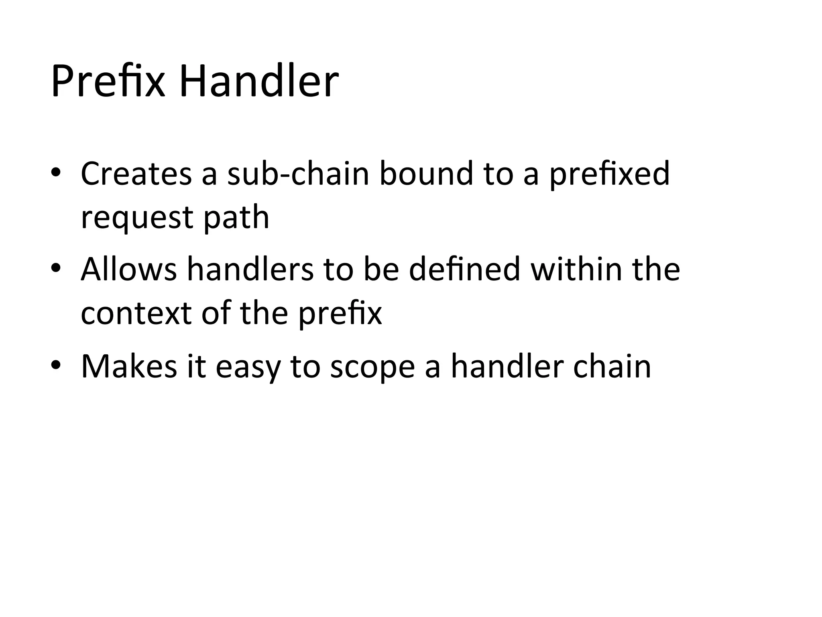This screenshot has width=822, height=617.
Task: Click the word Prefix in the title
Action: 108,82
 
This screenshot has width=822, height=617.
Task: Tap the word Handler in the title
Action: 259,82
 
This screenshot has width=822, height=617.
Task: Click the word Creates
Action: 136,174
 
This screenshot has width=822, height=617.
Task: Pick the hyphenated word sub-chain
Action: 298,174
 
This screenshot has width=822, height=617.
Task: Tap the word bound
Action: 426,174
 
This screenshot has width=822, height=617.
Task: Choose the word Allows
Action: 128,269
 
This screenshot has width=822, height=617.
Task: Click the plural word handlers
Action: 250,269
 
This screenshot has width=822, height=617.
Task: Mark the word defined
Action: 464,269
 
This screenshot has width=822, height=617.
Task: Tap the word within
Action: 576,269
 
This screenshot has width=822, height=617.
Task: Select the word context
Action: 136,313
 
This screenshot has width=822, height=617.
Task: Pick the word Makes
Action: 129,366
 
